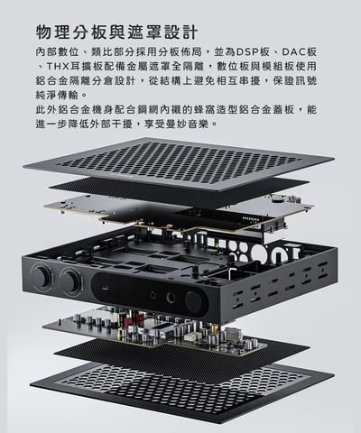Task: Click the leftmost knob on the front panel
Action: pyautogui.click(x=42, y=277)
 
